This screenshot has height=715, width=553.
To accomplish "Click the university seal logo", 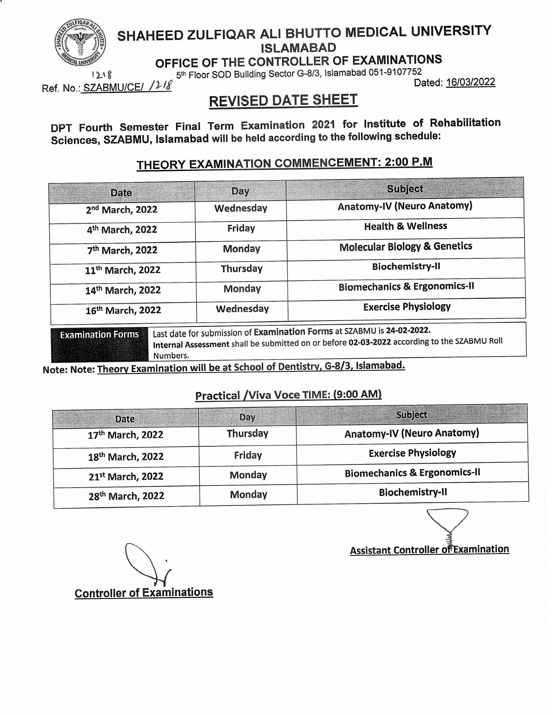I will click(80, 43).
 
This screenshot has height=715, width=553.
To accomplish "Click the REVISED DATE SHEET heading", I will click(283, 100).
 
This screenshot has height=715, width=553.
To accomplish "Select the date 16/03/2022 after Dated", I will click(470, 82).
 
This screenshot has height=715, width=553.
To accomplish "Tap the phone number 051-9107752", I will click(395, 72).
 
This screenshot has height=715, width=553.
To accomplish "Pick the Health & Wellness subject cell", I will click(405, 226).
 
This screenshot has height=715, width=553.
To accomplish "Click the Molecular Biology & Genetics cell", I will click(406, 247).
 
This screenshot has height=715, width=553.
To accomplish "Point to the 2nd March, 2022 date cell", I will click(122, 210).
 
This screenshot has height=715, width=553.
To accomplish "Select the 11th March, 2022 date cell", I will click(123, 270).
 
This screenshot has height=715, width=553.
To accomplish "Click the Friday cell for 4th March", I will click(241, 228).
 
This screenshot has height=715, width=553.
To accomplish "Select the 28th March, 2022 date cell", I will click(126, 496).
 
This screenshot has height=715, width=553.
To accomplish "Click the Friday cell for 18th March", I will click(248, 455).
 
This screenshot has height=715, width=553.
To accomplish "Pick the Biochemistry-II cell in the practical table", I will click(412, 492).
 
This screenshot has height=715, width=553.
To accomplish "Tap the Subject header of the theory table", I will click(405, 189).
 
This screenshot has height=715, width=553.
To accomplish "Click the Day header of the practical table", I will click(247, 417).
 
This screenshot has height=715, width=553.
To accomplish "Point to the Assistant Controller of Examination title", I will click(429, 550).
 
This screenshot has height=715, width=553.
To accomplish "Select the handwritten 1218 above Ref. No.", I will click(102, 75).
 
